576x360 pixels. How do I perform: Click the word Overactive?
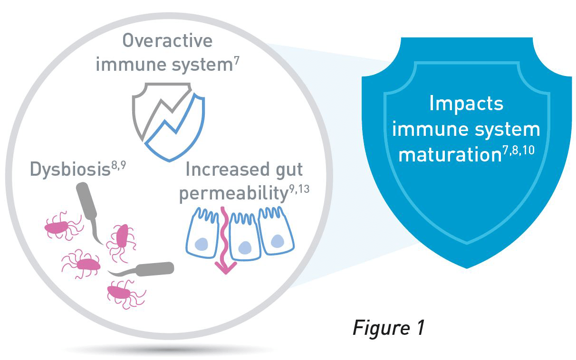tap(167, 40)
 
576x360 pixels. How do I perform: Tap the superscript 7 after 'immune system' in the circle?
tap(236, 61)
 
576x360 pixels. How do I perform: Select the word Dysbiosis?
tap(70, 170)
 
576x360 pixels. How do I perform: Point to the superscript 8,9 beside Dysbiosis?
tap(118, 165)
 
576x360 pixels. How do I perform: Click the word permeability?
tap(233, 193)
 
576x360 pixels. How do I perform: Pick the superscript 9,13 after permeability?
tap(299, 189)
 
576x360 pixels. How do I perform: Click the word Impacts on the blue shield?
tap(466, 104)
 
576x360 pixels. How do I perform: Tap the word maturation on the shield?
tap(450, 154)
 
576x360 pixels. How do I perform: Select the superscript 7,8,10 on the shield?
tap(518, 150)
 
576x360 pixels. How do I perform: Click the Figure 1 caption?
tap(389, 328)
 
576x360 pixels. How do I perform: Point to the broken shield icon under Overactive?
tap(169, 122)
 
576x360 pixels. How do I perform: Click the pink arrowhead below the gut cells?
tap(226, 268)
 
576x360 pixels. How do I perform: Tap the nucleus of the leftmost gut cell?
tap(202, 244)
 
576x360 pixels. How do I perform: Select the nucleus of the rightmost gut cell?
tap(278, 241)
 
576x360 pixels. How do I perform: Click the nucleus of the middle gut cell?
tap(245, 247)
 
